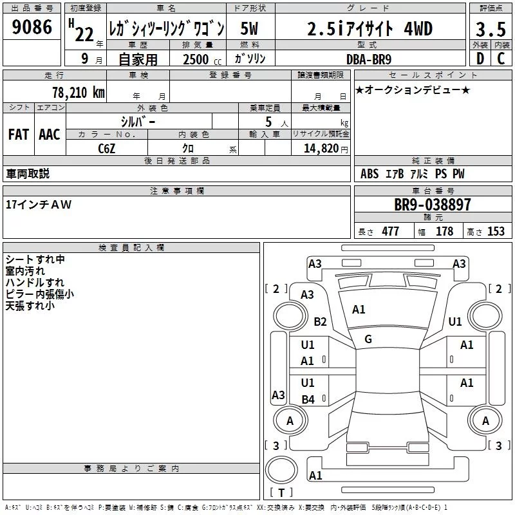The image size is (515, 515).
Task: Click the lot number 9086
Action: point(32,27)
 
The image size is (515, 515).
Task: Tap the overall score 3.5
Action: point(491,29)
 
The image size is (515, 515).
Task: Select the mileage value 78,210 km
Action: point(79,93)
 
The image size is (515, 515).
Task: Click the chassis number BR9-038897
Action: point(432,205)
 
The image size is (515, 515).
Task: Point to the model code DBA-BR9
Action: point(368,59)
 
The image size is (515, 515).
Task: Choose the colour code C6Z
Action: point(106,149)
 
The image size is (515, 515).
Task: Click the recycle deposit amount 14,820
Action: point(321,149)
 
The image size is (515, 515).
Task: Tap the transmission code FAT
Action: point(19,135)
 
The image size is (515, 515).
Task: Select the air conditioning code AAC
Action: point(50,135)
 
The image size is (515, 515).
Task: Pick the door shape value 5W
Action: point(249,28)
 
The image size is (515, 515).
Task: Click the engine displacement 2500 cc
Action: point(202,59)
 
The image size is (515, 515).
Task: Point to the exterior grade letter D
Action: point(480,59)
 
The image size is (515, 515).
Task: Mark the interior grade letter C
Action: point(501,59)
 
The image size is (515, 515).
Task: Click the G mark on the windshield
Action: point(368,339)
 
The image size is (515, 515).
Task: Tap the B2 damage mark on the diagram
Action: point(320,321)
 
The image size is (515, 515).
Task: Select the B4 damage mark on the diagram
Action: point(308,399)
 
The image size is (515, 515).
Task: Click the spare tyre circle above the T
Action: point(281,470)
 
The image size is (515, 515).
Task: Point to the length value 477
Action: point(390,231)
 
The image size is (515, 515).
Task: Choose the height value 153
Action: point(496,231)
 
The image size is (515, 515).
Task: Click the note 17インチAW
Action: point(39,205)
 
